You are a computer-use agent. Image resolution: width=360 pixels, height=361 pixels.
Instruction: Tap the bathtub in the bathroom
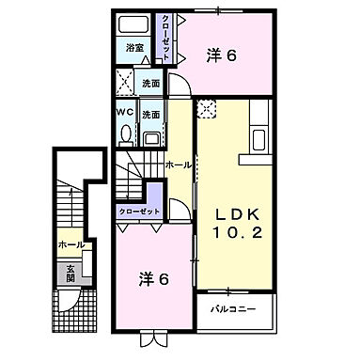(x=135, y=25)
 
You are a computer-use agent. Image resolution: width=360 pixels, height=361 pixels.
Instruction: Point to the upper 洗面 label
(x=151, y=83)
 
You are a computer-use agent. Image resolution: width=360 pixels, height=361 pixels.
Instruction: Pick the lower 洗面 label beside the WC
(x=150, y=115)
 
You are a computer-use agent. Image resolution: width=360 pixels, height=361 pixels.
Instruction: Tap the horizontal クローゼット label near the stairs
(x=138, y=212)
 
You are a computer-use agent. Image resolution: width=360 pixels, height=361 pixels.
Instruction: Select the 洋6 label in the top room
(x=220, y=56)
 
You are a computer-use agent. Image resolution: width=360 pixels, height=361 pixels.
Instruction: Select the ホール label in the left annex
(x=70, y=244)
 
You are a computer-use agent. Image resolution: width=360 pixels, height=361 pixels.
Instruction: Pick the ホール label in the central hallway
(x=180, y=165)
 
